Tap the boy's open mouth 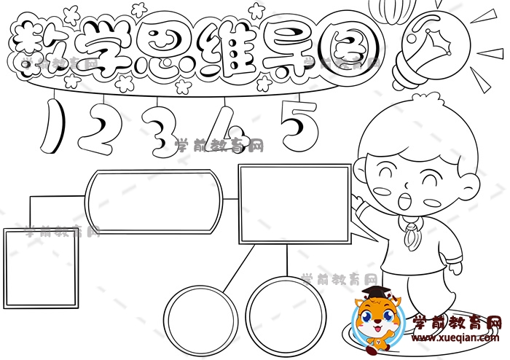point(404,200)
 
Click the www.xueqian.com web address point(455,337)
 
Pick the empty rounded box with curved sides point(154,202)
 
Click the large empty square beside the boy point(295,204)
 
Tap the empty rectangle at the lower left point(41,269)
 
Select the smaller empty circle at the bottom point(200,321)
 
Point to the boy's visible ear point(471,186)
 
